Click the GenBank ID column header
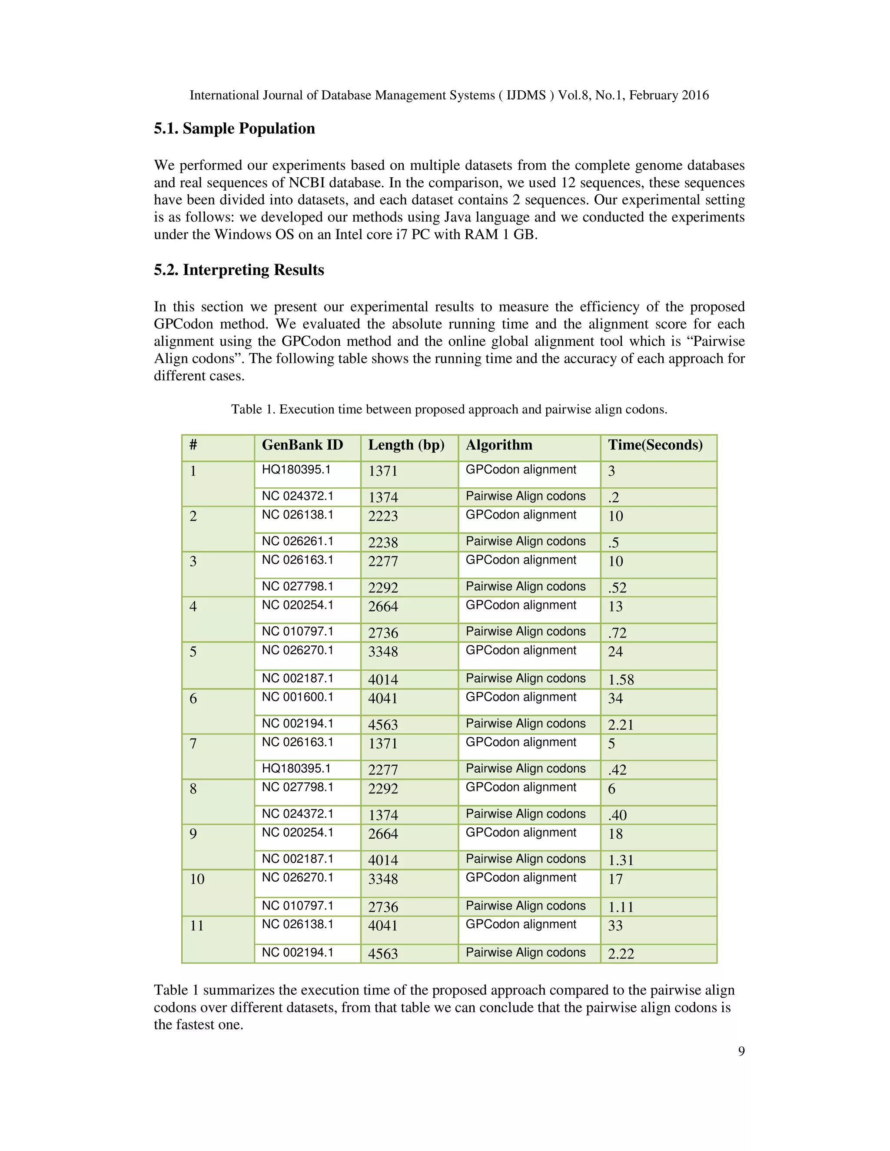[x=302, y=445]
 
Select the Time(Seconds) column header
[x=655, y=445]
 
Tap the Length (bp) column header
[x=406, y=445]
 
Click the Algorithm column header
[x=499, y=445]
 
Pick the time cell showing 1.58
[x=621, y=679]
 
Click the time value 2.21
[x=620, y=724]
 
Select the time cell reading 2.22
[x=621, y=953]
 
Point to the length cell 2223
[x=383, y=516]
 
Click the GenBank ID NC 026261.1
[x=297, y=541]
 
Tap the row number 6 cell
[x=193, y=698]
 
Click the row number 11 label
[x=197, y=926]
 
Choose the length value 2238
[x=383, y=542]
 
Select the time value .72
[x=617, y=632]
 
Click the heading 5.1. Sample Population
[x=234, y=129]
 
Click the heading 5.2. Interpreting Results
[x=239, y=270]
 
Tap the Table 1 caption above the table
[x=448, y=409]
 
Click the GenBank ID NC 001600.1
[x=297, y=697]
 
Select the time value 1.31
[x=620, y=860]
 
